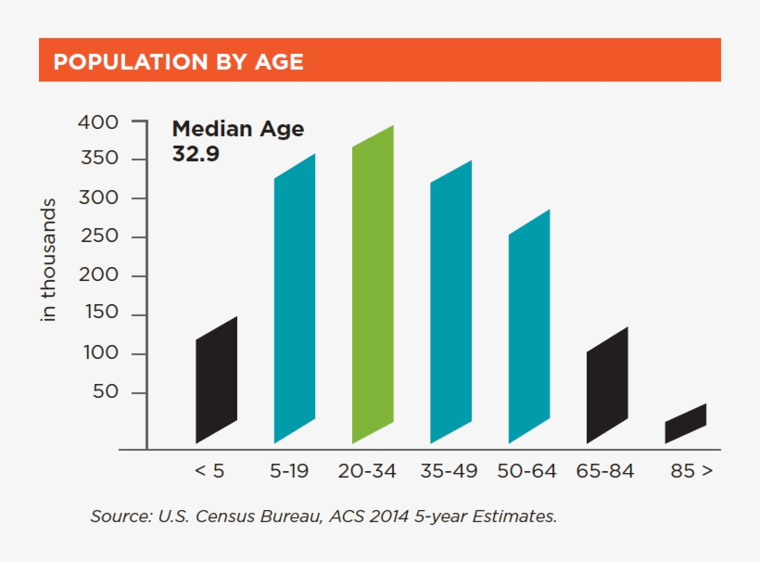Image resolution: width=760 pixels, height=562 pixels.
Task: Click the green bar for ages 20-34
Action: (373, 283)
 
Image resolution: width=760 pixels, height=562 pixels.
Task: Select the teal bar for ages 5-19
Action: (295, 297)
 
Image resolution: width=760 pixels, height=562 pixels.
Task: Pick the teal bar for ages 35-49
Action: (450, 301)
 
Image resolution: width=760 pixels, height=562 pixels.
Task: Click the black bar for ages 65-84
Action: (607, 385)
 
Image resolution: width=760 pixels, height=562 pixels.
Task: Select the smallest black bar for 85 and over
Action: (685, 423)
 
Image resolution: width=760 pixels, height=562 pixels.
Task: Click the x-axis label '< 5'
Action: (209, 471)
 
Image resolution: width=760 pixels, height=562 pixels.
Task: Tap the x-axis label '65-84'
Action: (605, 471)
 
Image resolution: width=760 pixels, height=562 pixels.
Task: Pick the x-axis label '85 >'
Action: (691, 471)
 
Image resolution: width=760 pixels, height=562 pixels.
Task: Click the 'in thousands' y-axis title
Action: (50, 260)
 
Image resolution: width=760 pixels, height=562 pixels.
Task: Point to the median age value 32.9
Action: (196, 154)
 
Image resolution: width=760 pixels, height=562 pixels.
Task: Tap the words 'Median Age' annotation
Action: (237, 130)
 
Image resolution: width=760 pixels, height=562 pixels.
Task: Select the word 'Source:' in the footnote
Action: (118, 516)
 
